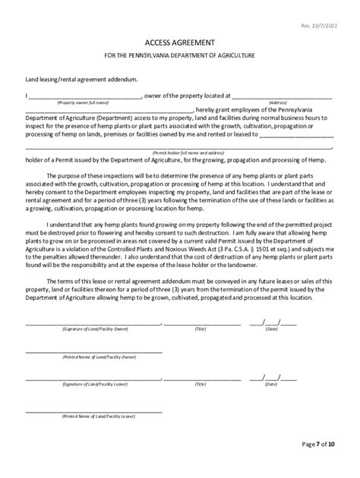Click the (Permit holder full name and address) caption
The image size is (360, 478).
[x=180, y=152]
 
